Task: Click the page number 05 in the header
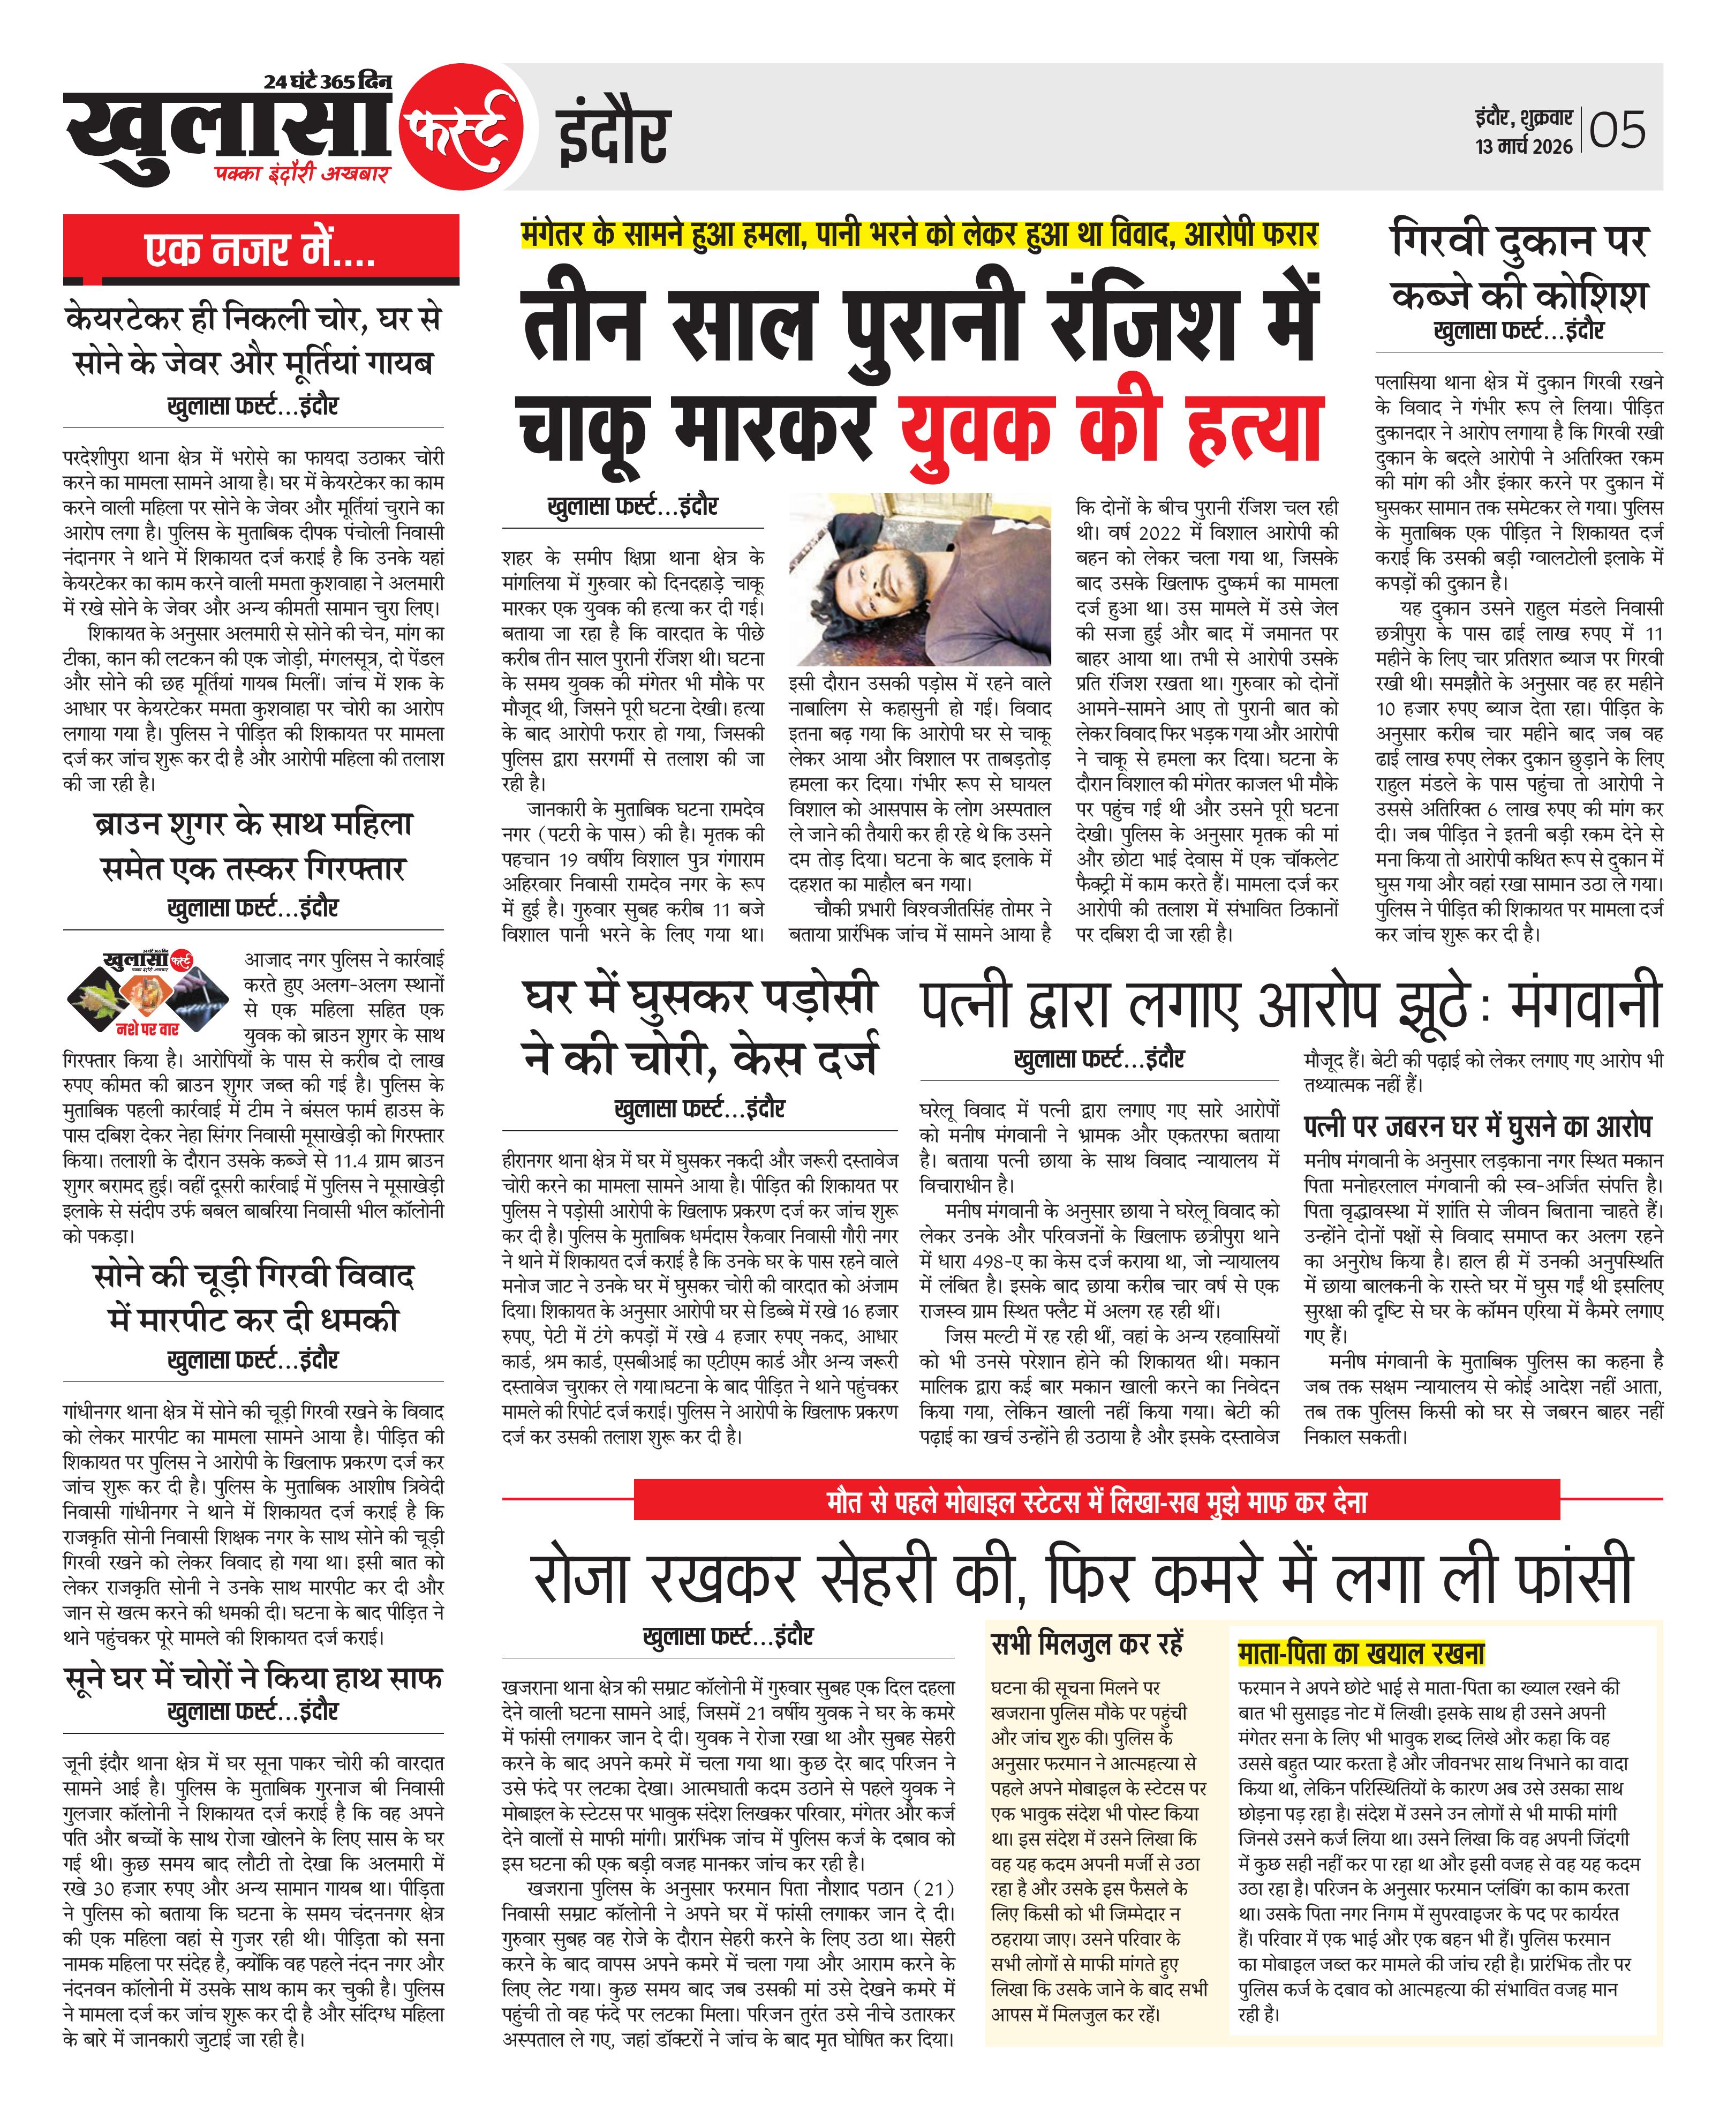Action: point(1618,130)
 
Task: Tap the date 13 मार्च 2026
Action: point(1523,146)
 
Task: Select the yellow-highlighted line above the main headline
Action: point(919,235)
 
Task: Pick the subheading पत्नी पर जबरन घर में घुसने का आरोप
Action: point(1477,1126)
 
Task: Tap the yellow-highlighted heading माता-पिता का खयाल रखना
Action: point(1360,1654)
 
